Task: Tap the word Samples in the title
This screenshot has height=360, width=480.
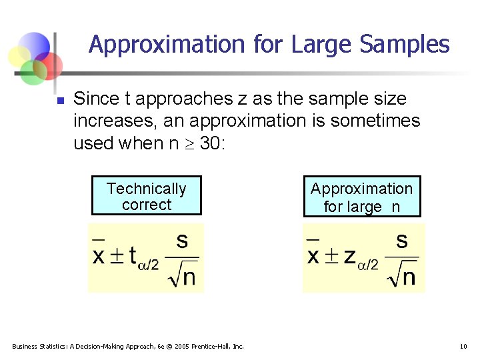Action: click(x=404, y=45)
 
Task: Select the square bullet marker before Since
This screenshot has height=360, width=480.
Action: click(x=59, y=101)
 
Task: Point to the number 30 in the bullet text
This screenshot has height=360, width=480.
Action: click(x=212, y=143)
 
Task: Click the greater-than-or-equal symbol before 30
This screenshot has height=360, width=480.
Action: click(x=190, y=143)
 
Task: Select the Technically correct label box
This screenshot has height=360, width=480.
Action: click(x=146, y=197)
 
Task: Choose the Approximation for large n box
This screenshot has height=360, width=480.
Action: click(x=361, y=197)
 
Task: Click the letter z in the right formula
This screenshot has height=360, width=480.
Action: click(x=349, y=257)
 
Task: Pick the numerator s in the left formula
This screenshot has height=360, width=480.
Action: click(x=181, y=241)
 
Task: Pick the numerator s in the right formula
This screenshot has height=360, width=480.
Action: click(x=401, y=241)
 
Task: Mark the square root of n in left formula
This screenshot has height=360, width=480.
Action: click(x=182, y=275)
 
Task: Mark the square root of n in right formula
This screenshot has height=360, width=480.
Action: click(x=402, y=275)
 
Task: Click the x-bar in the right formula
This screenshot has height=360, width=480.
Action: click(x=313, y=254)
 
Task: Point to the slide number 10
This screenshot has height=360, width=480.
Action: click(x=463, y=346)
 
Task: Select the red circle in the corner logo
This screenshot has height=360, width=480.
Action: click(x=49, y=65)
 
